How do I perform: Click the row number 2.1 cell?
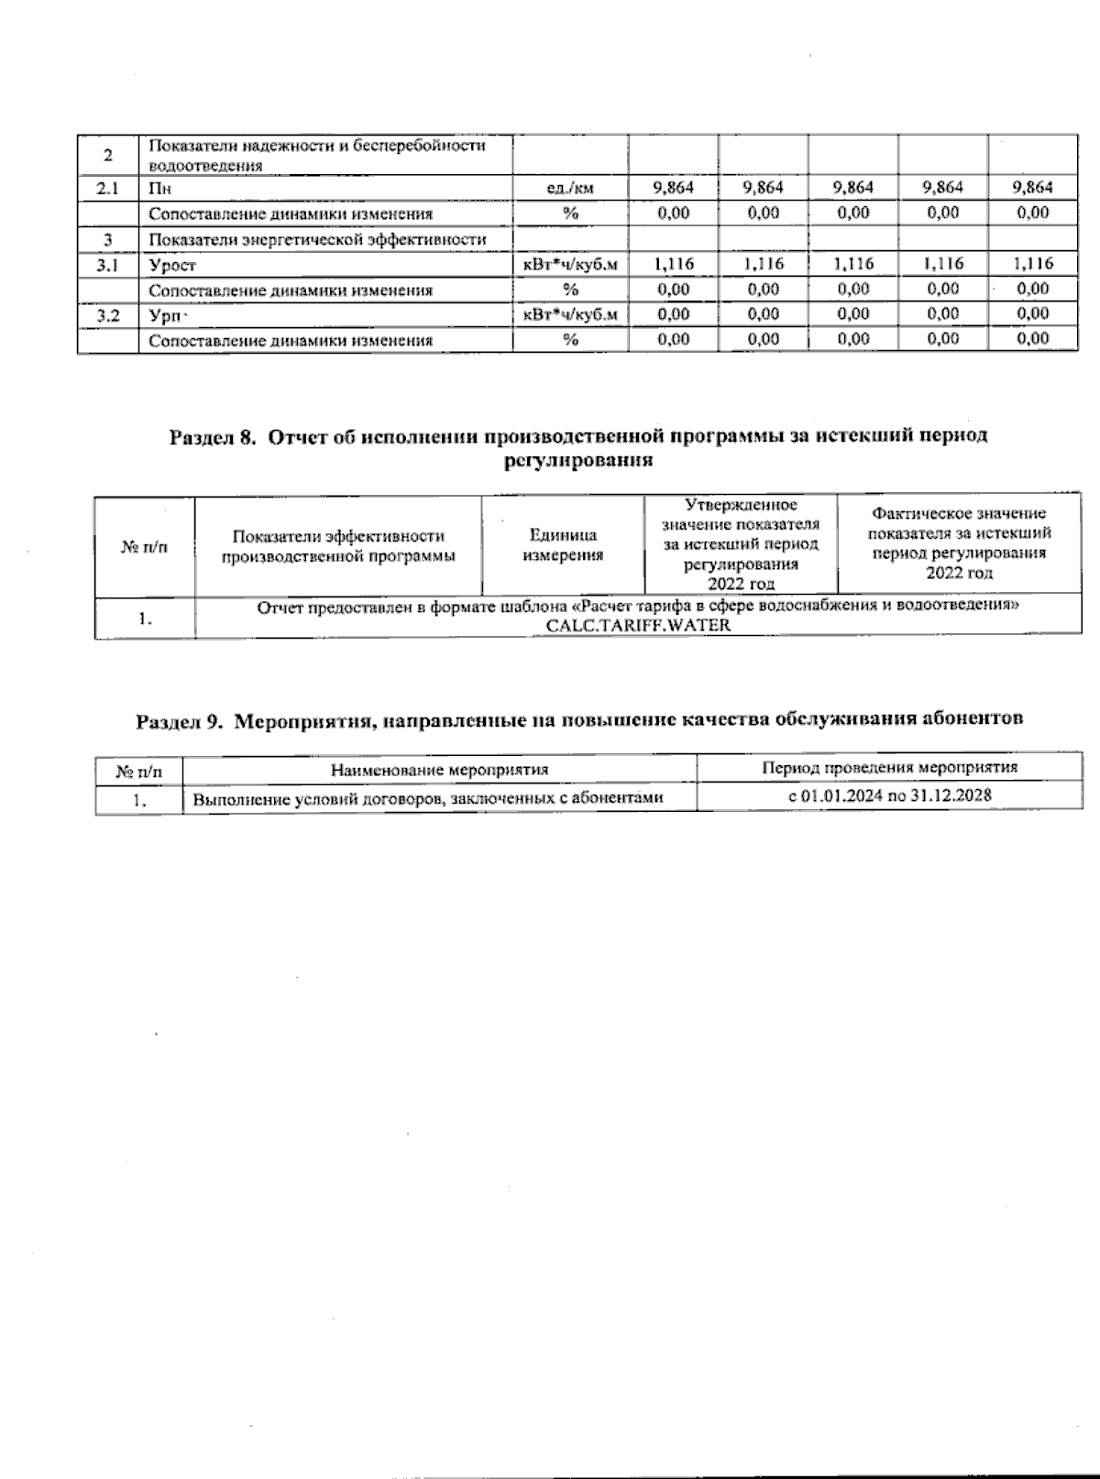tap(107, 189)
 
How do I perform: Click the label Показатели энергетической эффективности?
tap(316, 240)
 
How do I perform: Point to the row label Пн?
tap(159, 189)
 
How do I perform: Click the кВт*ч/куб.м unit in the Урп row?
tap(569, 314)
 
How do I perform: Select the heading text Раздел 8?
tap(212, 436)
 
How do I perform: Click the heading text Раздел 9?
tap(179, 720)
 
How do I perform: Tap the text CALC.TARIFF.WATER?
tap(638, 626)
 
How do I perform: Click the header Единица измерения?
tap(563, 545)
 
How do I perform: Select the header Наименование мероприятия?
tap(439, 770)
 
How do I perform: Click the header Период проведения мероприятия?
tap(889, 768)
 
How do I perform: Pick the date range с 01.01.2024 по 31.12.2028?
tap(889, 795)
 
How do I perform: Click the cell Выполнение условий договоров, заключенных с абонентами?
tap(427, 799)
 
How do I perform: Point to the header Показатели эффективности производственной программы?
tap(338, 546)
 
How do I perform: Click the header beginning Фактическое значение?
tap(959, 543)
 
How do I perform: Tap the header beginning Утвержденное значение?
tap(741, 544)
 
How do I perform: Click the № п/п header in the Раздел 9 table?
tap(138, 771)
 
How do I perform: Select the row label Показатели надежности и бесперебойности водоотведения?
tap(316, 156)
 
